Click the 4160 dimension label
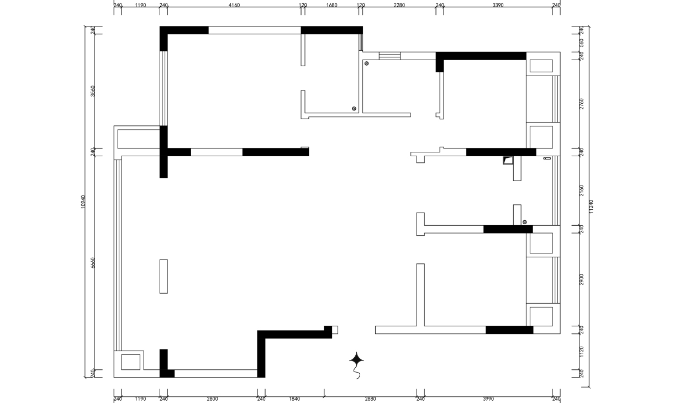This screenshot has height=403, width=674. click(x=234, y=5)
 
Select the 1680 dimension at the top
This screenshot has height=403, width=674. click(x=331, y=5)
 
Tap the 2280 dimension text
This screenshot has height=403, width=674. click(x=399, y=5)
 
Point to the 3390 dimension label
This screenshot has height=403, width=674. click(x=498, y=5)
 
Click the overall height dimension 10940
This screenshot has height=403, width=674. click(x=83, y=202)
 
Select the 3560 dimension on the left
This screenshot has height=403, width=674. click(x=93, y=91)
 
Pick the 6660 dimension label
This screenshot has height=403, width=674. click(x=93, y=263)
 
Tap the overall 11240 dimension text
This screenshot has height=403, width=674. click(x=591, y=206)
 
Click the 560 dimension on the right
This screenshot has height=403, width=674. click(x=581, y=43)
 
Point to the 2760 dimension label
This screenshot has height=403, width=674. click(x=581, y=104)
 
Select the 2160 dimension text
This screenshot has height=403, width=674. click(x=581, y=190)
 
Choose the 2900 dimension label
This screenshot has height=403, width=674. click(x=581, y=279)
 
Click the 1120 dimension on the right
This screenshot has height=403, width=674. click(x=581, y=352)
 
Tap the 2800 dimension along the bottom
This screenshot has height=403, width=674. click(x=212, y=399)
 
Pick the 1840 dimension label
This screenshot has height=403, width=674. click(x=294, y=399)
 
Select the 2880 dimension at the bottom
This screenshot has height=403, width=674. click(x=370, y=399)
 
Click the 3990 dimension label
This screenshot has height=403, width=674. click(x=488, y=399)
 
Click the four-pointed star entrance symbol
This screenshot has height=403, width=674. click(x=356, y=360)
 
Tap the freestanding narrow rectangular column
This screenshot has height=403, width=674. click(x=164, y=277)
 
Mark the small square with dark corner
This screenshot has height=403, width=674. click(x=508, y=160)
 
